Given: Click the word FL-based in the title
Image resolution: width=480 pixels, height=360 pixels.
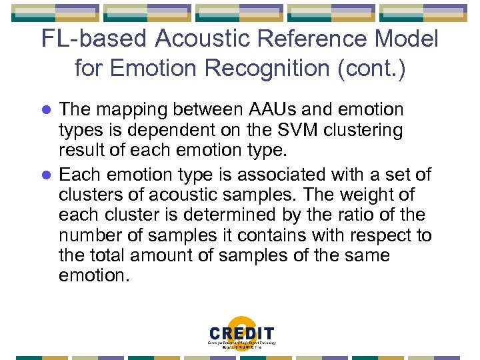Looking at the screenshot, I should (94, 39).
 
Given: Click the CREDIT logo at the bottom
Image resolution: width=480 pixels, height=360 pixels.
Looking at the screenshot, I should (241, 334).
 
